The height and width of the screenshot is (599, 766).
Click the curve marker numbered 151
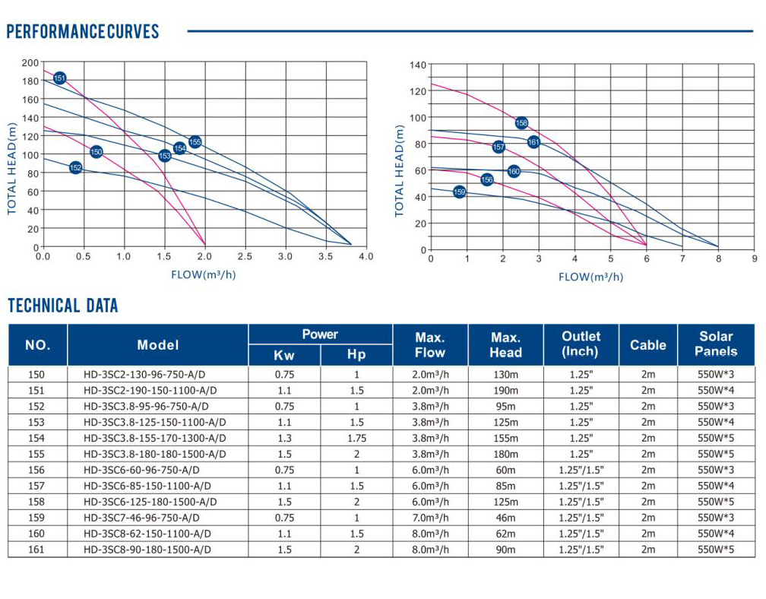pos(60,78)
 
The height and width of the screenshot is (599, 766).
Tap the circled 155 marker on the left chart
pos(195,141)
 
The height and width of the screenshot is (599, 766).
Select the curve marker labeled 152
pos(75,167)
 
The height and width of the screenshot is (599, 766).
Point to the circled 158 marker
pos(521,123)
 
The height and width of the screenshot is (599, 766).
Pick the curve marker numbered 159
pos(459,192)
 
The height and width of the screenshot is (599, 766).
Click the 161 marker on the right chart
pos(533,142)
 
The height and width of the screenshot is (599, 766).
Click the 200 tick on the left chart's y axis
pos(30,62)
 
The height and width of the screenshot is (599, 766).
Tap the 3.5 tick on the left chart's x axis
pos(324,257)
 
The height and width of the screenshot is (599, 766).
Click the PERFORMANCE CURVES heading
pos(83,32)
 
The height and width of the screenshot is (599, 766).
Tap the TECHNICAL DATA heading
pos(63,306)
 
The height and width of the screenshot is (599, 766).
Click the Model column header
pos(158,345)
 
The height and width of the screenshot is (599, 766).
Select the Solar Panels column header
pos(716,344)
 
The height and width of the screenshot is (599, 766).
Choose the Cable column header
pos(647,345)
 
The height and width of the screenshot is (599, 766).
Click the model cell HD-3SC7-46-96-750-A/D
pos(147,518)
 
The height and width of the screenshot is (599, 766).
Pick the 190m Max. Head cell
pos(505,390)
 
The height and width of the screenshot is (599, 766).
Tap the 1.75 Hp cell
pos(356,438)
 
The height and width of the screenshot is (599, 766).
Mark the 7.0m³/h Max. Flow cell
pos(430,518)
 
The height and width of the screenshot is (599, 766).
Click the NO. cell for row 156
pos(36,470)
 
